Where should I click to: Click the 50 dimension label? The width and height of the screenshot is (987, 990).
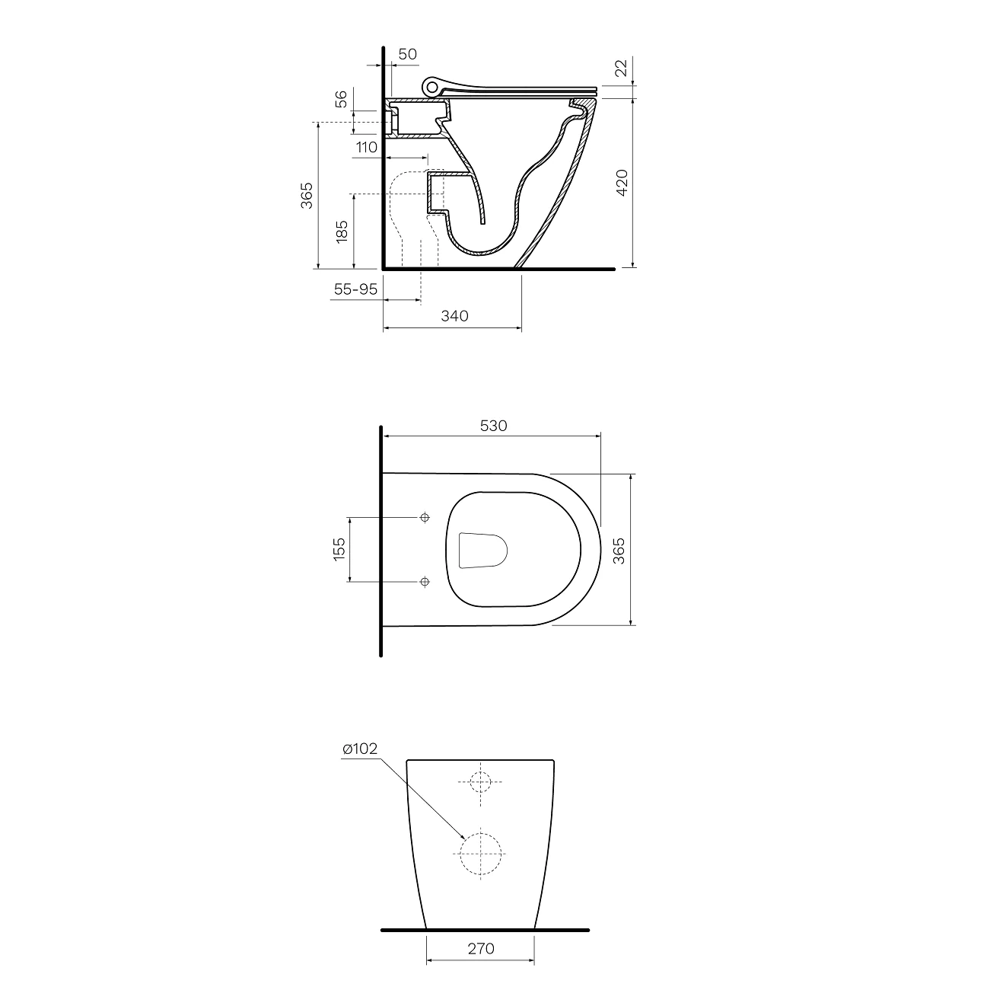point(407,54)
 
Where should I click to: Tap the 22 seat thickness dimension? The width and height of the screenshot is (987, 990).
point(622,68)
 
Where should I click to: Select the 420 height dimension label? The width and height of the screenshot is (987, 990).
point(622,182)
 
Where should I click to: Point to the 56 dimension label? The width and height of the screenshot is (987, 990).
point(341,99)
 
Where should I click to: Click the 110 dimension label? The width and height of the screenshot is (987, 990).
point(367,148)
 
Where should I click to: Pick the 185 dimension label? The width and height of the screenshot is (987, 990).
point(341,232)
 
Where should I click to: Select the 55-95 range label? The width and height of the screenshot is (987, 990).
point(355,289)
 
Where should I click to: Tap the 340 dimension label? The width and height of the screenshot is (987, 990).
point(454,316)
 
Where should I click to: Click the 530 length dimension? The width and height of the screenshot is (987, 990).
point(493,426)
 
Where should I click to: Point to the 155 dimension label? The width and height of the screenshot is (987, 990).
point(339,549)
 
